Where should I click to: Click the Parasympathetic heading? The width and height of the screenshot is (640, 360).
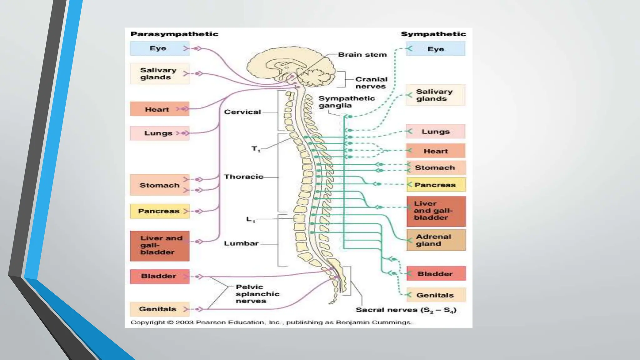coord(174,34)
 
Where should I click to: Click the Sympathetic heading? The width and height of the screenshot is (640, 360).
coord(433,34)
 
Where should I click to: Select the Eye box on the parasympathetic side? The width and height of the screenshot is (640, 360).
coord(159,48)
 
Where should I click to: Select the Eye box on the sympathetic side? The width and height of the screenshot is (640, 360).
coord(435,49)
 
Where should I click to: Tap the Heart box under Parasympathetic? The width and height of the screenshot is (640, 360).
coord(159,109)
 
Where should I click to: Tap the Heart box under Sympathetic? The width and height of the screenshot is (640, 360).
coord(436,151)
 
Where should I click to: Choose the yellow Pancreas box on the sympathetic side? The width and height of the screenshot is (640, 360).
coord(436,185)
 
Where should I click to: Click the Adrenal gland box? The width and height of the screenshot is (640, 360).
coord(436,240)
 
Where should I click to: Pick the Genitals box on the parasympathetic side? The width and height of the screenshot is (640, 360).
coord(159,309)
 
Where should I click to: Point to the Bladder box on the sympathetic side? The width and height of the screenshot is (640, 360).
coord(436,274)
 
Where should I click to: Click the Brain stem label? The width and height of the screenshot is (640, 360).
coord(362,55)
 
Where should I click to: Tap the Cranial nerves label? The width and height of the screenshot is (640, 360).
coord(371,83)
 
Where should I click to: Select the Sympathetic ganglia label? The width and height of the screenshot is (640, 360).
coord(346,102)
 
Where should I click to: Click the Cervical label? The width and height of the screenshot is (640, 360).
coord(242,112)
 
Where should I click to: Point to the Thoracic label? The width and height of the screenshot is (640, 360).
coord(243,177)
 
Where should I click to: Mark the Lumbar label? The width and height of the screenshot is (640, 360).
coord(241,243)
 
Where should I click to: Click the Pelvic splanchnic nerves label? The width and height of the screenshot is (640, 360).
coord(257,294)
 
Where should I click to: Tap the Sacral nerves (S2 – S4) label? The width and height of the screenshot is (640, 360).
coord(406,310)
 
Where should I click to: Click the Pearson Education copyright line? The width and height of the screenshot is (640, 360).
coord(271,322)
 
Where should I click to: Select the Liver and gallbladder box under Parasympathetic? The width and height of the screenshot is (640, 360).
coord(159,245)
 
